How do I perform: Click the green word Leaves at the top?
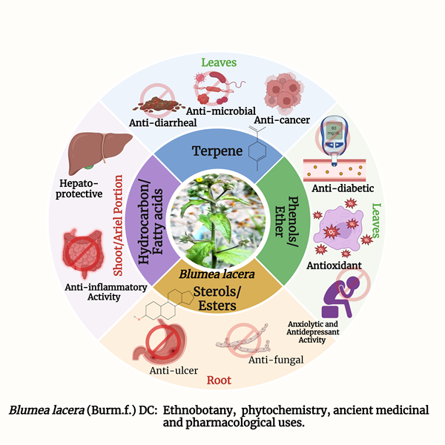(x=219, y=63)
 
